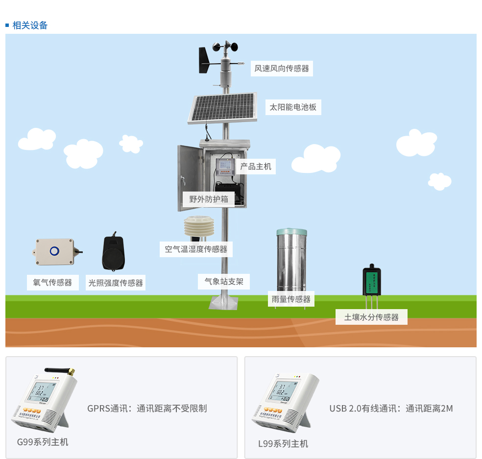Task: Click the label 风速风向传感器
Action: tap(282, 69)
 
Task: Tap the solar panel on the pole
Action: tap(223, 108)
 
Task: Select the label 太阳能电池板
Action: tap(293, 107)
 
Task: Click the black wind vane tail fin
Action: tap(204, 60)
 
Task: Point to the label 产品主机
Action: tap(255, 167)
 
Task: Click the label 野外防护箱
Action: tap(209, 199)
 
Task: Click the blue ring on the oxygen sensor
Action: tap(54, 252)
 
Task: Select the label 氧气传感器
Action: tap(52, 283)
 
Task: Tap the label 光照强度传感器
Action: tap(116, 283)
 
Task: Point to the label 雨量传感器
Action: tap(291, 299)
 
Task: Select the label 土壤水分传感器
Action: tap(371, 317)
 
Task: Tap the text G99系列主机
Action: tap(43, 442)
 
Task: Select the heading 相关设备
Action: tap(30, 25)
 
